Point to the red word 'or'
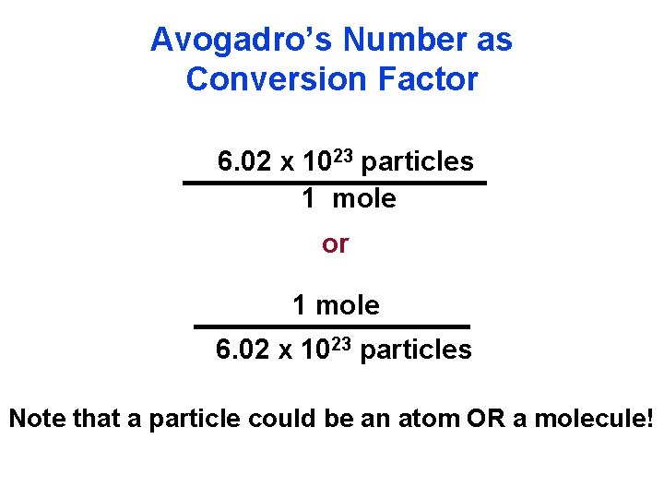point(335,243)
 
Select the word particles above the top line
point(418,162)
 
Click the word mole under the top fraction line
point(364,198)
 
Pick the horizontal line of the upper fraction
point(334,184)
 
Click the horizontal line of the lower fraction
point(331,326)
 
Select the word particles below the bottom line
point(416,350)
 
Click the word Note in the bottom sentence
point(37,420)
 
